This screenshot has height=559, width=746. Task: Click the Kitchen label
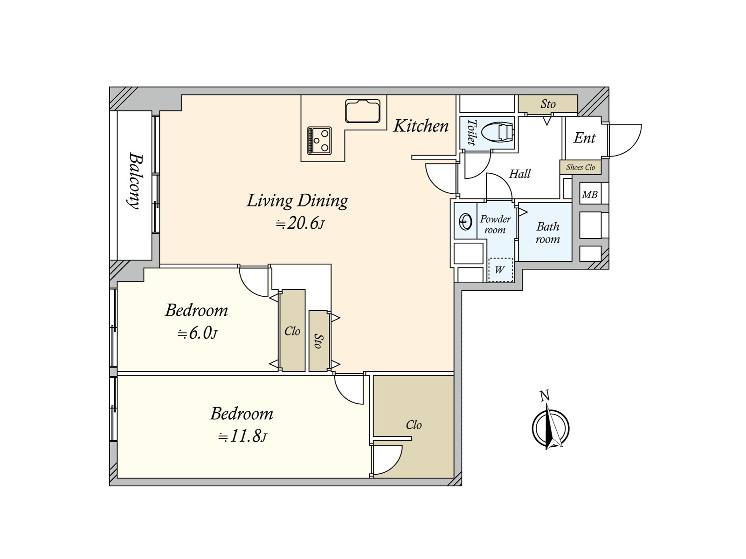[421, 126]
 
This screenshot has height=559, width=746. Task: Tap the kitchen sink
[362, 111]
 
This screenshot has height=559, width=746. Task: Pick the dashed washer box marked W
[500, 270]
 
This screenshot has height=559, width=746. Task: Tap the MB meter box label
[590, 194]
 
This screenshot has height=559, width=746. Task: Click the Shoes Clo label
[580, 167]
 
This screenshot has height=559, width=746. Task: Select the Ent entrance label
[585, 138]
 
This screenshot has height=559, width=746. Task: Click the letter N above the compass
[545, 395]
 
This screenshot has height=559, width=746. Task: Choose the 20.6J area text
[300, 223]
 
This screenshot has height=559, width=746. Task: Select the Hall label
[520, 174]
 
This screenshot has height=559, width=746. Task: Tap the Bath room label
[547, 233]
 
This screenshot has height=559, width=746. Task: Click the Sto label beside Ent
[548, 104]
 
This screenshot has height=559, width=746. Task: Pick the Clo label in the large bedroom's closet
[414, 425]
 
